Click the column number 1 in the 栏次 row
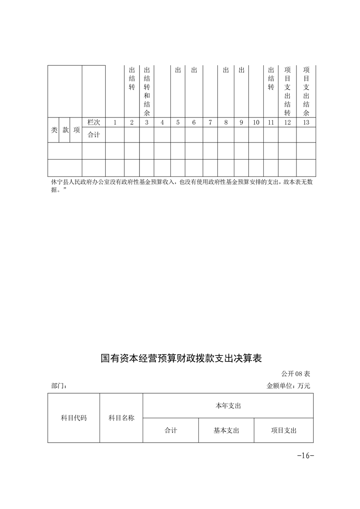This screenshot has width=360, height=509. click(x=115, y=122)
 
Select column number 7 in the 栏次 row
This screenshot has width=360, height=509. click(x=210, y=122)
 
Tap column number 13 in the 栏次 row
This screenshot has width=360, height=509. click(x=306, y=122)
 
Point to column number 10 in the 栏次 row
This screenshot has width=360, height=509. click(x=256, y=122)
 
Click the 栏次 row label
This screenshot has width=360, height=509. click(x=94, y=122)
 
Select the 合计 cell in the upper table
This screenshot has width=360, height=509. click(x=94, y=135)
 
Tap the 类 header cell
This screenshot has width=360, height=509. click(x=54, y=130)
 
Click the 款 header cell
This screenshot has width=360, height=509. click(x=65, y=130)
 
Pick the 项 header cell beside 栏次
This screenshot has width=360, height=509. click(x=76, y=130)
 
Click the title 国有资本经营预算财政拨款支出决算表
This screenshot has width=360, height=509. click(x=181, y=358)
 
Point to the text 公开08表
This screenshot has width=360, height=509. click(x=295, y=374)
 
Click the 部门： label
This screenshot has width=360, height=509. click(x=59, y=386)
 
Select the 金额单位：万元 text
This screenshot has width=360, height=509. click(x=288, y=386)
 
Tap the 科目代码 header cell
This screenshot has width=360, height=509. click(x=74, y=418)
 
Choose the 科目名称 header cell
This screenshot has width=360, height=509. click(x=121, y=418)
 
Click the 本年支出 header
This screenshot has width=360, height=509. click(x=228, y=406)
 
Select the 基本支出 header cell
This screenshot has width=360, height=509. click(x=226, y=431)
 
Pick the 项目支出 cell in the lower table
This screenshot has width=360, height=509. click(x=283, y=431)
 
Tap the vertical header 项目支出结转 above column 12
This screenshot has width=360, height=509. click(x=287, y=91)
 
